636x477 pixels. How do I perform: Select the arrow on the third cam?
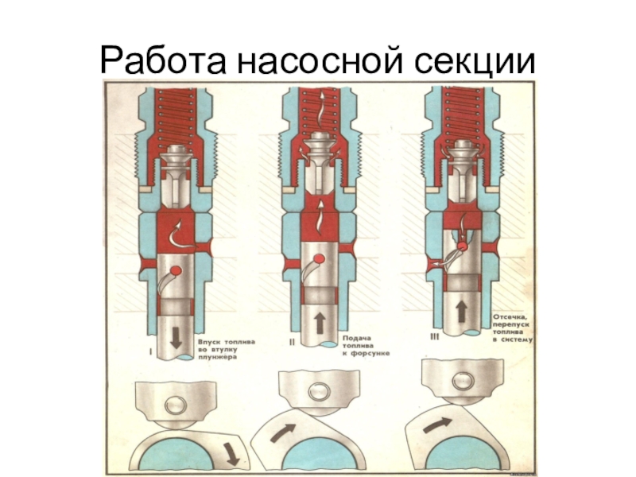(x=435, y=425)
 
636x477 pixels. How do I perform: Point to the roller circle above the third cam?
(x=460, y=377)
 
